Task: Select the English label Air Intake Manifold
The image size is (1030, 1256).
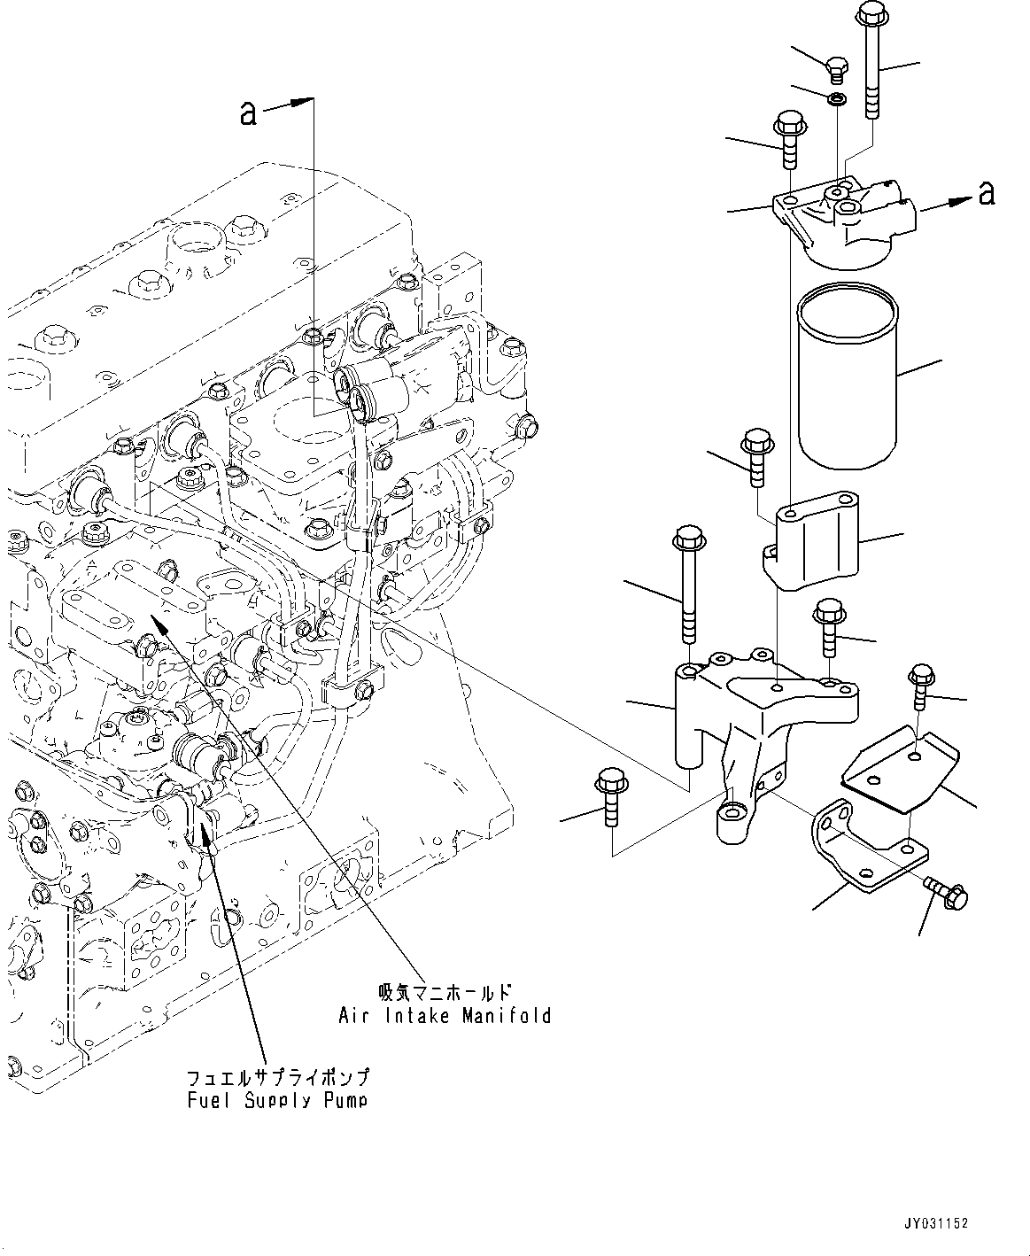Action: (445, 1015)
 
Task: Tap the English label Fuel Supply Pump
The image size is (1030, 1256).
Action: (277, 1100)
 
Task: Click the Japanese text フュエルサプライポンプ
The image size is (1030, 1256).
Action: (277, 1078)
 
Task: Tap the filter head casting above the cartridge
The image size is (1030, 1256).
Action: (841, 221)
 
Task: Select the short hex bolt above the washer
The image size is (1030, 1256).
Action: (835, 65)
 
